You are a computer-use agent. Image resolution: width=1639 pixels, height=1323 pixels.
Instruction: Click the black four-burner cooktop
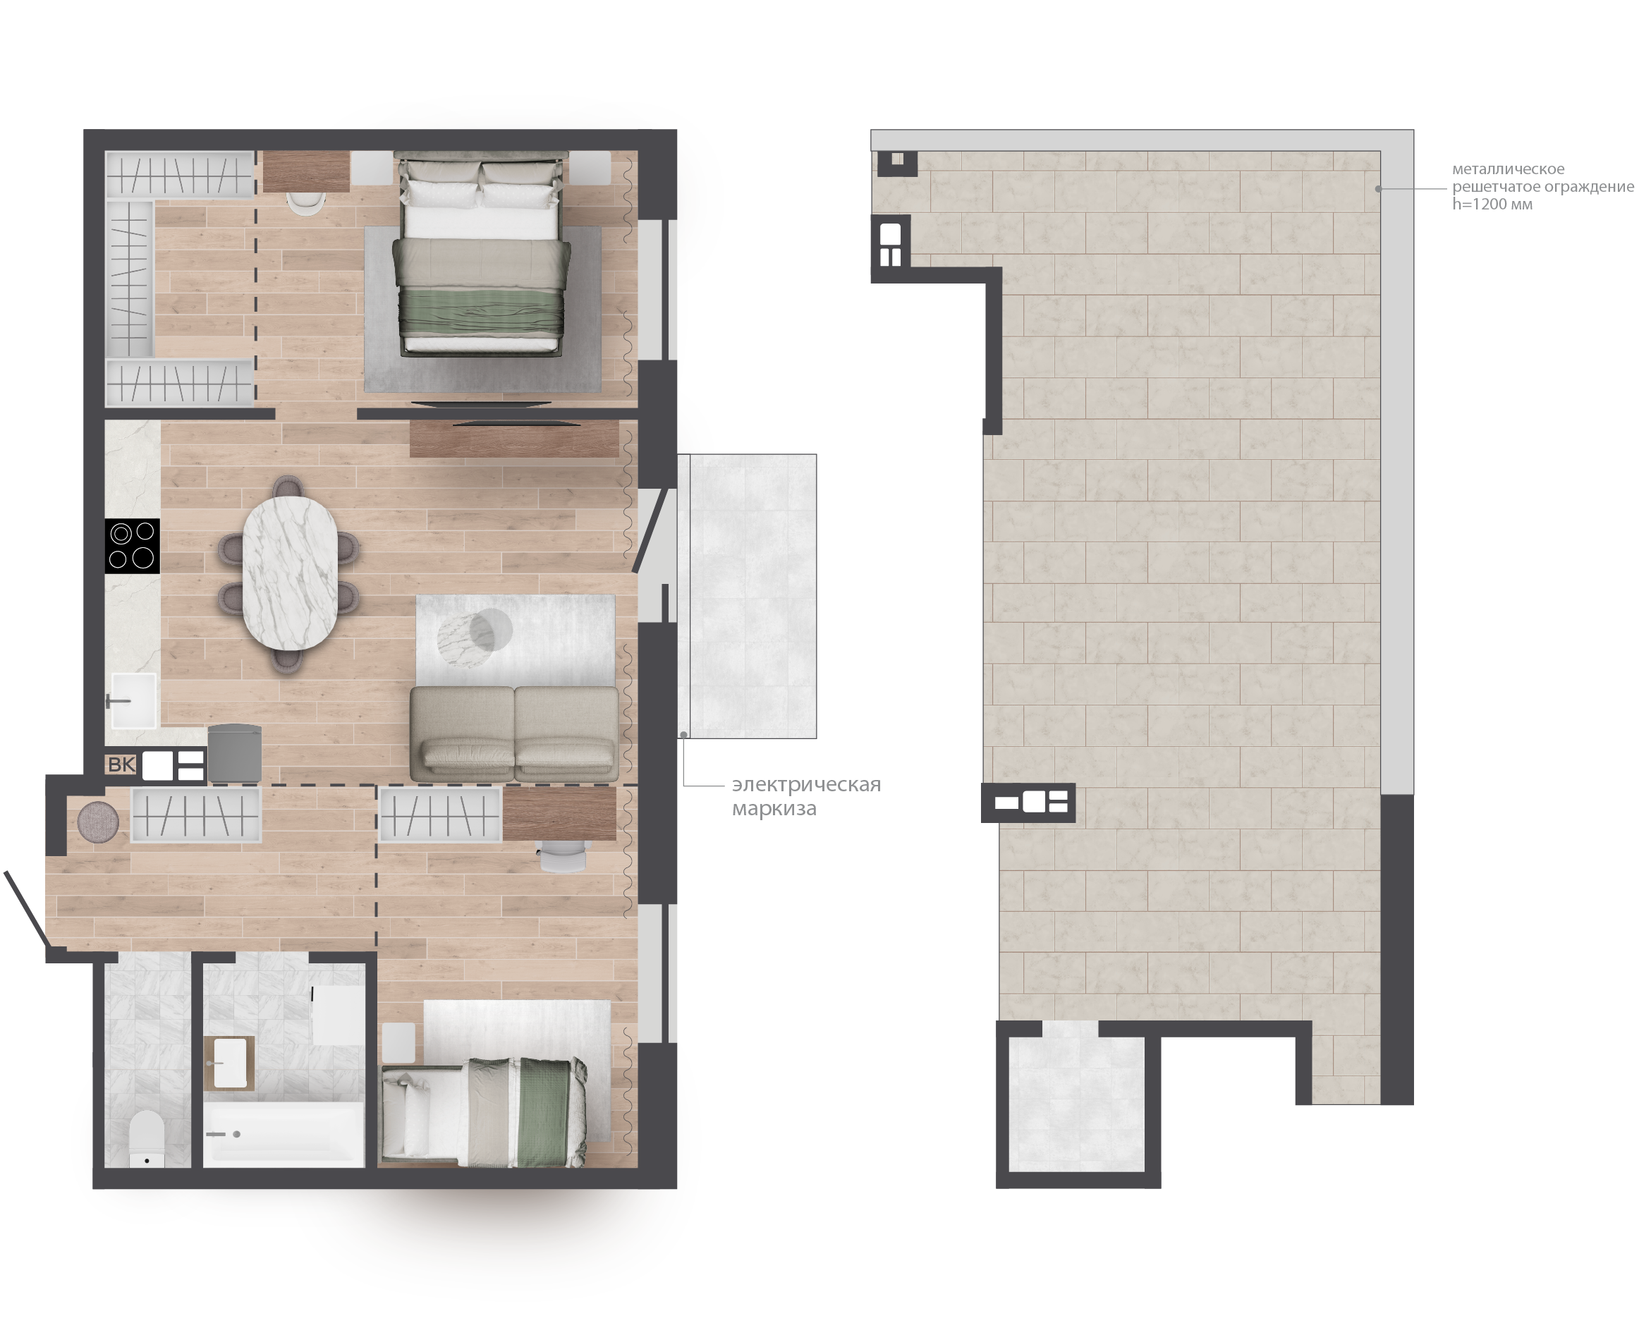(133, 545)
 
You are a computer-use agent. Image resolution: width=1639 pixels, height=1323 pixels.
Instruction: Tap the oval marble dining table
(290, 573)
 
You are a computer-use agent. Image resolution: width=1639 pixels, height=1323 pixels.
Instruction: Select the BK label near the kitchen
(121, 764)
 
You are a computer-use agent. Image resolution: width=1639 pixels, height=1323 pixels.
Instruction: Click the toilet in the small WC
(147, 1138)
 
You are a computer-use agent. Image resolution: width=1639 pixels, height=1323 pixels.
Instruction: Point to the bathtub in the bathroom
(284, 1134)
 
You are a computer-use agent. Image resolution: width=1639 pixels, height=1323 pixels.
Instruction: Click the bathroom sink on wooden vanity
(229, 1062)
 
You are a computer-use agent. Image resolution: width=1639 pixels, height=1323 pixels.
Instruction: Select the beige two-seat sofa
(514, 733)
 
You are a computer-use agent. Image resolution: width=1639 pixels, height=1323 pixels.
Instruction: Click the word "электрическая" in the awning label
(806, 784)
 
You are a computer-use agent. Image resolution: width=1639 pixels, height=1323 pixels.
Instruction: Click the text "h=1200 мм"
(1492, 205)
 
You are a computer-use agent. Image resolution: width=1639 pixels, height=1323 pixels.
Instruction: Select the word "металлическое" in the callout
(1508, 169)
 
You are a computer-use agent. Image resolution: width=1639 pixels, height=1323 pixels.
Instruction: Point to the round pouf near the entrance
(98, 822)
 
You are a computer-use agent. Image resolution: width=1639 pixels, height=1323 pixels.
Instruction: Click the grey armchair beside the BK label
(235, 753)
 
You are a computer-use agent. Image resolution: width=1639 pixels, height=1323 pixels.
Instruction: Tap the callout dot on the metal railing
(1378, 188)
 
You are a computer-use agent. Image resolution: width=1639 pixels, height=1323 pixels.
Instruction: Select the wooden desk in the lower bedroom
(559, 814)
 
